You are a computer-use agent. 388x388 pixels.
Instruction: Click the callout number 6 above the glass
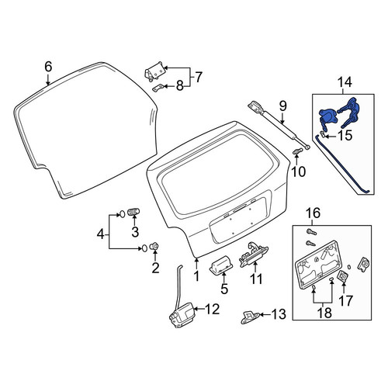48,67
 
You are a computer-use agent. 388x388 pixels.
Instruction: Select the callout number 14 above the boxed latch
345,82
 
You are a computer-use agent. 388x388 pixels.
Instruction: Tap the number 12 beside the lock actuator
212,309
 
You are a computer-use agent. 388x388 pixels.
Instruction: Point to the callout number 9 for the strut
282,106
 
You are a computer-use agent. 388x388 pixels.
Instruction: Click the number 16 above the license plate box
313,213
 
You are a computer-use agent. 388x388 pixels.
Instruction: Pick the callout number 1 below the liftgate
197,275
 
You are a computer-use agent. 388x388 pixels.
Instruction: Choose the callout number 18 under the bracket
325,313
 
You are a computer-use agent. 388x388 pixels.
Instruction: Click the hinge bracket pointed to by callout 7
154,71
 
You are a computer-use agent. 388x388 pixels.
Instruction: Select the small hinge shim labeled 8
158,88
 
